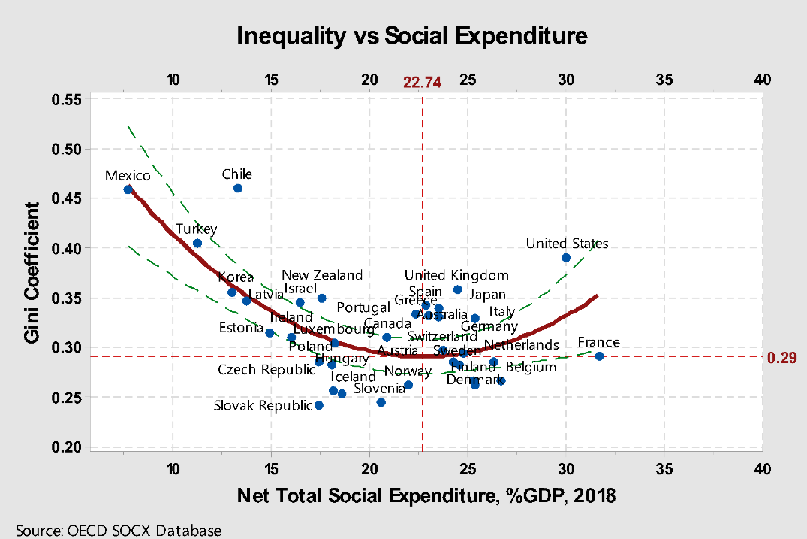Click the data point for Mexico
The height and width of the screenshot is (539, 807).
tap(128, 189)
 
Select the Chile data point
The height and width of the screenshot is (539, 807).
tap(238, 188)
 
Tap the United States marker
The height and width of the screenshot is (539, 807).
tap(566, 257)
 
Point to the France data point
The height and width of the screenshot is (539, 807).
tap(599, 356)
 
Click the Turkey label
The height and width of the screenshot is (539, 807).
tap(196, 229)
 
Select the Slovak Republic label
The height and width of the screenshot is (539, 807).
tap(263, 406)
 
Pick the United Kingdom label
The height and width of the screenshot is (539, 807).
tap(456, 275)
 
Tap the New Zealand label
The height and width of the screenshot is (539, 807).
tap(322, 275)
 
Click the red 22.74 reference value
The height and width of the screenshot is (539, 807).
tap(422, 82)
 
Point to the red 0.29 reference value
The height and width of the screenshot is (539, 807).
tap(781, 358)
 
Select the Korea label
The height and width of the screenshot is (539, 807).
tap(236, 278)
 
